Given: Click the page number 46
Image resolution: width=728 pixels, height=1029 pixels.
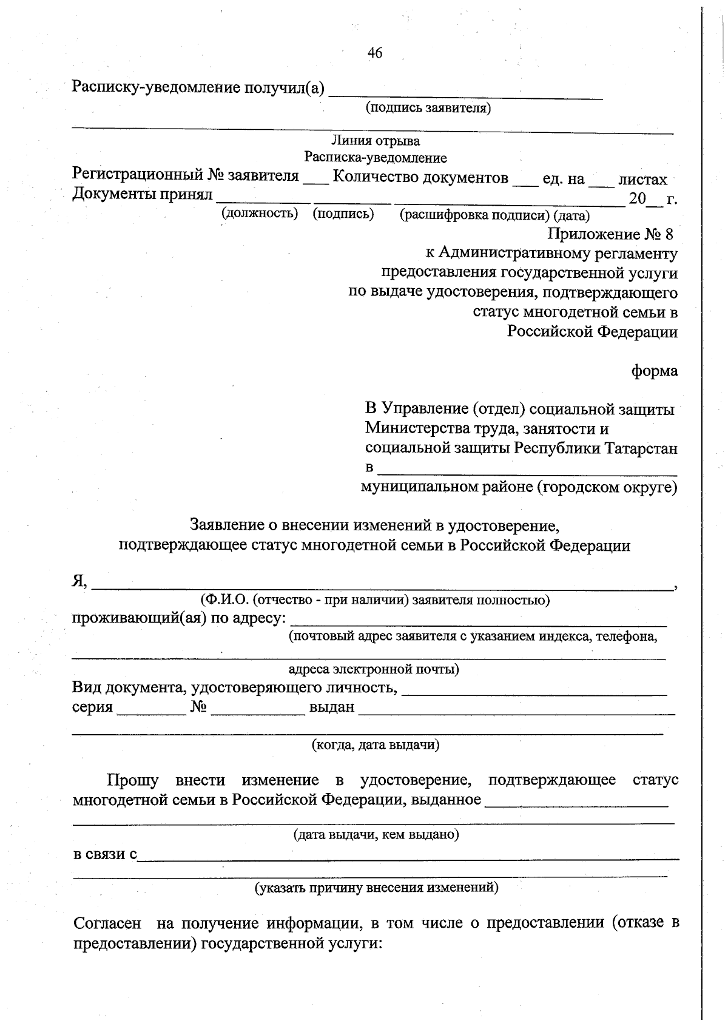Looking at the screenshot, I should [x=375, y=53].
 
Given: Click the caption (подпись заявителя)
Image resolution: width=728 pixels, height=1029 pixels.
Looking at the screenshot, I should [x=428, y=108].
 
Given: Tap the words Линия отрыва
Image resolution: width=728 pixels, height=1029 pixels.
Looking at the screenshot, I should [x=376, y=141].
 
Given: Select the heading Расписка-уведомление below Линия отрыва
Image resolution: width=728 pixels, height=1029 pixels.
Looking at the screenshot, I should [x=376, y=158].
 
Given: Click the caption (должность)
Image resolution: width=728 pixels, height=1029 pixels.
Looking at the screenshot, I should [x=260, y=213].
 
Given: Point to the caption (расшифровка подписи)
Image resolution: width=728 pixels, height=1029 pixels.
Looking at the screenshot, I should [x=475, y=215].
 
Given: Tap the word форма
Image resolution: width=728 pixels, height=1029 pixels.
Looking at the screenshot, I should [x=655, y=370].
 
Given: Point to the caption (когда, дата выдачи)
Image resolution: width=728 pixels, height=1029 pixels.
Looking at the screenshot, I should [x=376, y=744].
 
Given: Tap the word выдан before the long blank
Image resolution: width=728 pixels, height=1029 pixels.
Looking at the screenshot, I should [x=331, y=707].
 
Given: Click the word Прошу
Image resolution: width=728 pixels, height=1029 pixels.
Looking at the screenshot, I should [x=133, y=780].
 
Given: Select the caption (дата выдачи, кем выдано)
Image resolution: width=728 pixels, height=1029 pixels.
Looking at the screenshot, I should [x=376, y=834].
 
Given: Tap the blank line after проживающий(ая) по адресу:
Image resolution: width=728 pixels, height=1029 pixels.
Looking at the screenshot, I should [x=479, y=622].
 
